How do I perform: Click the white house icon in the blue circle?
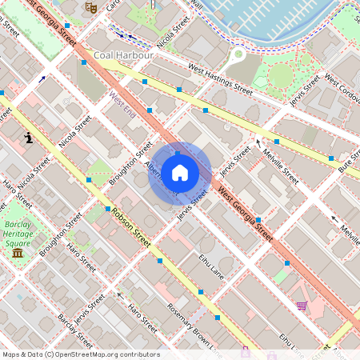click(180, 173)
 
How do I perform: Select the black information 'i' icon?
click(29, 138)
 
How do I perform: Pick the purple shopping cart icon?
click(302, 305)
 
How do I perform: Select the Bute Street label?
click(346, 166)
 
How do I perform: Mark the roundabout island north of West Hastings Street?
click(238, 55)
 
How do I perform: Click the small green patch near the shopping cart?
click(279, 276)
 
